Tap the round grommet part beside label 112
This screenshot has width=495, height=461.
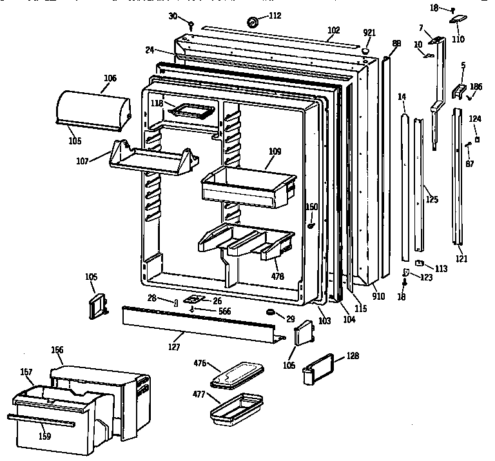252,23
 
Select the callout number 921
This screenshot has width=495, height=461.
369,33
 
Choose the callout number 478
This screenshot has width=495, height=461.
278,276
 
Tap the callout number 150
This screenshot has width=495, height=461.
311,207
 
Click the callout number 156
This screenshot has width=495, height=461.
57,350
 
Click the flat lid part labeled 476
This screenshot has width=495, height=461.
238,375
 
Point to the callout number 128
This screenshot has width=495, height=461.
353,355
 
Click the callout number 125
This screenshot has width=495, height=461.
432,199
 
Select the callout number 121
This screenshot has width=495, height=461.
461,259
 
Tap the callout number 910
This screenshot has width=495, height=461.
378,297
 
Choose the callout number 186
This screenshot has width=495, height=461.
476,86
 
